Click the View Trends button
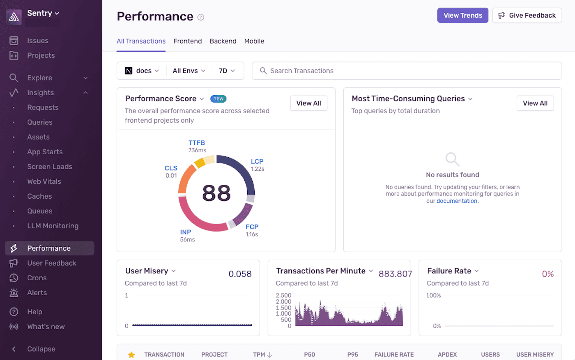coord(462,15)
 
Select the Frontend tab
coord(187,41)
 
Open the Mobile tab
coord(254,41)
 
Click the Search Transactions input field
coord(407,71)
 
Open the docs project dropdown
coord(142,71)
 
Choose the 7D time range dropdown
coord(227,71)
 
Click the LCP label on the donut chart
coord(257,162)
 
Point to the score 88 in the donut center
coord(216,193)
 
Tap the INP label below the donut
coord(185,232)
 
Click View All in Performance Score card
coord(308,103)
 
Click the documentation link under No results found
coord(457,201)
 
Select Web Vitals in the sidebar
coord(44,181)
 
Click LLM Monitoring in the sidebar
coord(53,226)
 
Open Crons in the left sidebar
coord(37,278)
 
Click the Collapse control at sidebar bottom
coord(41,349)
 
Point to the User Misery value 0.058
coord(240,274)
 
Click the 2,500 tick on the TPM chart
coord(283,296)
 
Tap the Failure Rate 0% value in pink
coord(547,274)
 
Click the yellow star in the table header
coord(131,355)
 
